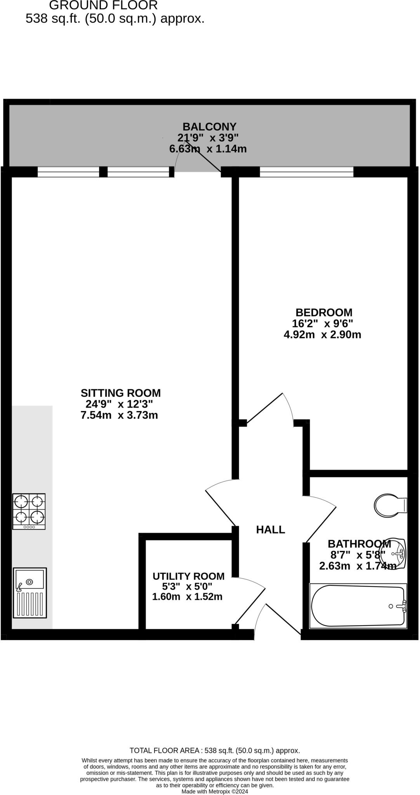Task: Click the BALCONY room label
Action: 209,127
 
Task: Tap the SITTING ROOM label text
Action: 120,393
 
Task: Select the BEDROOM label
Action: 324,312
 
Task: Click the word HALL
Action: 271,529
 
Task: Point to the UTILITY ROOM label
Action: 188,576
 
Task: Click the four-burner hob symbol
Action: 29,511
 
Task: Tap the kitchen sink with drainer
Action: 30,592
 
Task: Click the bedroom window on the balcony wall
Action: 306,172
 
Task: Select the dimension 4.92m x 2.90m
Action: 322,335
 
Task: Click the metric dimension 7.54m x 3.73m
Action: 119,415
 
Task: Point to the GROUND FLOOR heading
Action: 103,5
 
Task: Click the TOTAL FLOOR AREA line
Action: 215,750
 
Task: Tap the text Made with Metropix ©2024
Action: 215,791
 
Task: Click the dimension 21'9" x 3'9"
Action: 208,137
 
